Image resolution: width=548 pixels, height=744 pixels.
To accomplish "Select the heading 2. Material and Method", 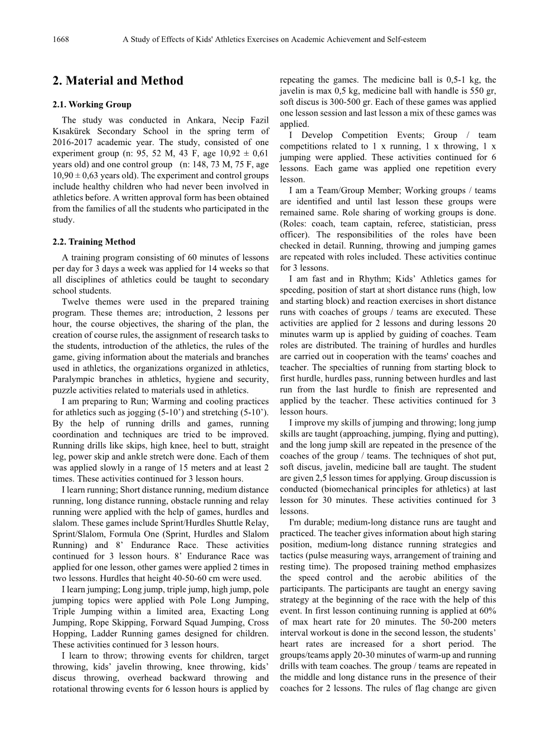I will (x=118, y=81).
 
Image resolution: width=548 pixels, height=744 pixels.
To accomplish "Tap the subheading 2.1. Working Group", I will (x=92, y=105).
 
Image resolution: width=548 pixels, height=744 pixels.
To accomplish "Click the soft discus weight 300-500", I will (x=347, y=102).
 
